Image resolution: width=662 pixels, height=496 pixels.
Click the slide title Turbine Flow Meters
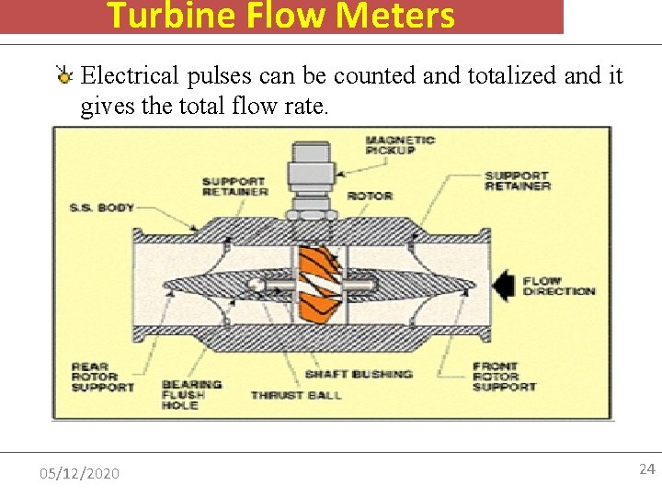tap(280, 16)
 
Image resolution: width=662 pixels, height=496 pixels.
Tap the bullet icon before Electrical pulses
tap(65, 76)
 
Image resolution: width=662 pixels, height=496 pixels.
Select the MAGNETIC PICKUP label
tap(400, 144)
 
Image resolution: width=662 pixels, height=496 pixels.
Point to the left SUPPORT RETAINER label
tap(234, 186)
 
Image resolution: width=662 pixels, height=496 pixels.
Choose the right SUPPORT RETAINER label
tap(517, 180)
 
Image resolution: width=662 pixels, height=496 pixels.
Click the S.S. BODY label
tap(101, 208)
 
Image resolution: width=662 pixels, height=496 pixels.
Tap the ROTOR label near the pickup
tap(370, 196)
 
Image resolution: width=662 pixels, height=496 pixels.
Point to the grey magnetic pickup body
tap(313, 179)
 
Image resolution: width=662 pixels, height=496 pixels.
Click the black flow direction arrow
tap(503, 285)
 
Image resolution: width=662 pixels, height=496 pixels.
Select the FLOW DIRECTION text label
tap(559, 286)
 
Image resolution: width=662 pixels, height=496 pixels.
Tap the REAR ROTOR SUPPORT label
tap(102, 377)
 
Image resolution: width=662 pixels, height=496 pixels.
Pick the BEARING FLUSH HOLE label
tap(191, 395)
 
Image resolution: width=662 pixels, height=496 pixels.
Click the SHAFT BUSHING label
tap(359, 374)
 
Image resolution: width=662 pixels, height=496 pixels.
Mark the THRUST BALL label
tap(296, 395)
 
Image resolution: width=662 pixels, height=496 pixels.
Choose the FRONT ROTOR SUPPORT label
tap(504, 377)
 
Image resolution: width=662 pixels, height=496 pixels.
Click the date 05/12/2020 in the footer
tap(79, 473)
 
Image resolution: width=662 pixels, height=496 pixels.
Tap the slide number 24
tap(646, 469)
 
